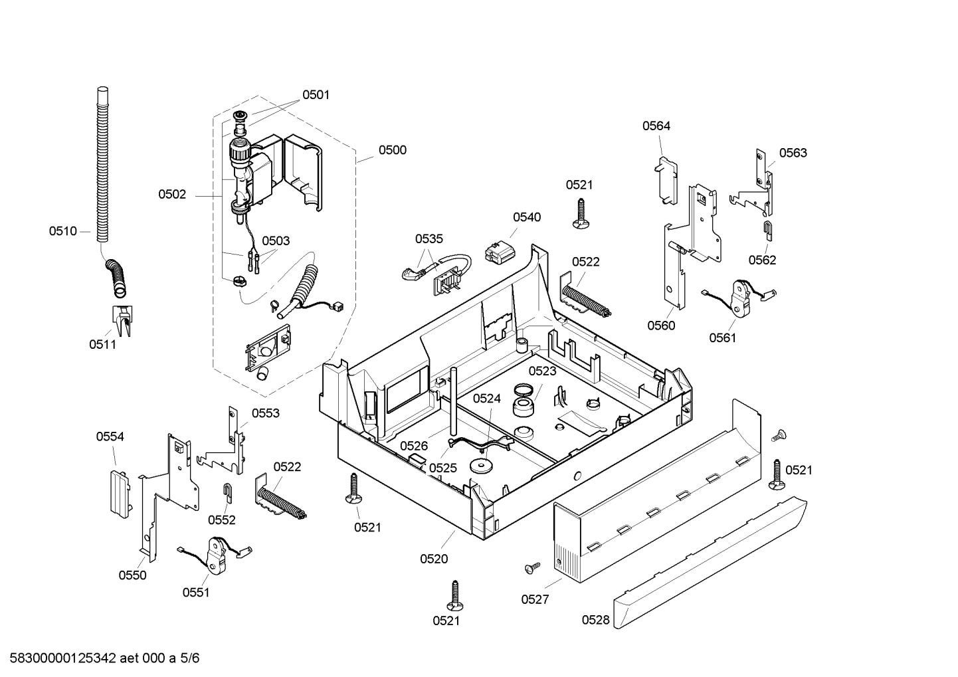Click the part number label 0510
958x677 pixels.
pyautogui.click(x=63, y=231)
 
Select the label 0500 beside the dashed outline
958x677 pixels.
pyautogui.click(x=393, y=150)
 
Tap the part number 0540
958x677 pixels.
pyautogui.click(x=527, y=217)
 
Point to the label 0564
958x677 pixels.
pyautogui.click(x=656, y=126)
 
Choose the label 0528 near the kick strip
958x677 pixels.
pyautogui.click(x=596, y=620)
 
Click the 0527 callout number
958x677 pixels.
pyautogui.click(x=535, y=599)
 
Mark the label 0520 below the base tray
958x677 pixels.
pyautogui.click(x=434, y=559)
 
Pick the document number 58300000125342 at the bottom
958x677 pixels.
pyautogui.click(x=63, y=658)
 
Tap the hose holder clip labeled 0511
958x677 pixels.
pyautogui.click(x=122, y=320)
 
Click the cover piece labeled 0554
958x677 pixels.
pyautogui.click(x=120, y=494)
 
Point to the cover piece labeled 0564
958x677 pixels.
pyautogui.click(x=666, y=181)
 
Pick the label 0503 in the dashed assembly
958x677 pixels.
pyautogui.click(x=276, y=241)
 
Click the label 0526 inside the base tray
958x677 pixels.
pyautogui.click(x=414, y=446)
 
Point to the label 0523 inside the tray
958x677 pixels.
pyautogui.click(x=543, y=371)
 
